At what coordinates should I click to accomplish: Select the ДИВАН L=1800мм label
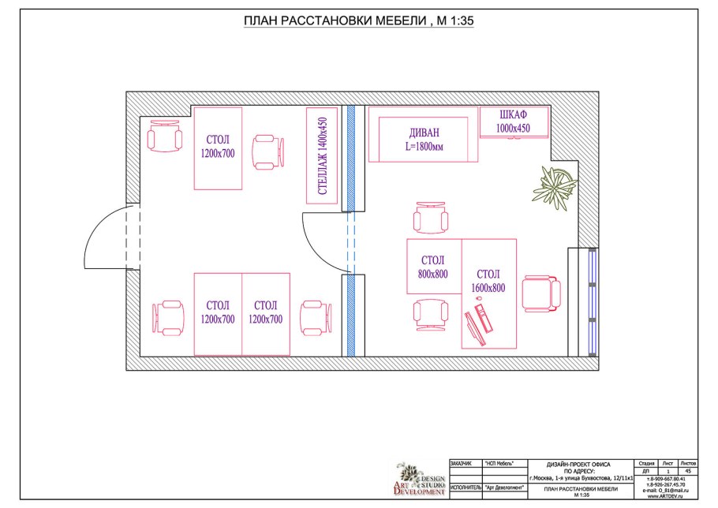click(424, 139)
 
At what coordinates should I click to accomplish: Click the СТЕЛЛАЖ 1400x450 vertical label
click(322, 155)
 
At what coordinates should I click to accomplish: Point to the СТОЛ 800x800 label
click(433, 267)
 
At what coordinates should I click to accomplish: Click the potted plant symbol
click(554, 184)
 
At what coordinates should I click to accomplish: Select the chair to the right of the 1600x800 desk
click(543, 294)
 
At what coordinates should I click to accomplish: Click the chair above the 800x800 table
click(430, 219)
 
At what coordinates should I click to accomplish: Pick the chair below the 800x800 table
click(430, 312)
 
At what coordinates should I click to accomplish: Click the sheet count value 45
click(688, 471)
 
